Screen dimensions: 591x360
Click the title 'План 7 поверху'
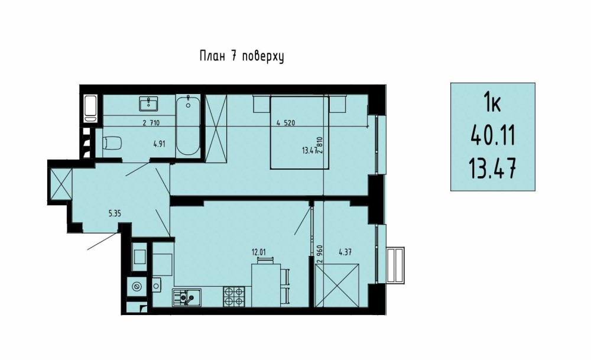[242, 57]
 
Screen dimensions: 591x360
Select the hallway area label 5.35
[115, 214]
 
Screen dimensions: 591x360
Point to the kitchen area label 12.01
[259, 252]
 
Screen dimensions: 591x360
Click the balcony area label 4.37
[345, 252]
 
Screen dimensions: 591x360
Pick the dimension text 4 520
[285, 122]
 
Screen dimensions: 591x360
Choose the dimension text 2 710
[151, 122]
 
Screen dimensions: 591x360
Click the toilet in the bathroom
[113, 143]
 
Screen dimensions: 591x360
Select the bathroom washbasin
[149, 103]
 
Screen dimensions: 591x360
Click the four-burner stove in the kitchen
[233, 296]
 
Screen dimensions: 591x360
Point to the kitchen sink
[187, 297]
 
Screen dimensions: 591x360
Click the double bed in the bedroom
[300, 132]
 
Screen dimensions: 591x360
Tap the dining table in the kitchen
[266, 284]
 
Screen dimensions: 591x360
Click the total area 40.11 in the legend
[493, 136]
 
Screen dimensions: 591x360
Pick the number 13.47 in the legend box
[492, 168]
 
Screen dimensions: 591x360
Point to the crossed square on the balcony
[337, 286]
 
